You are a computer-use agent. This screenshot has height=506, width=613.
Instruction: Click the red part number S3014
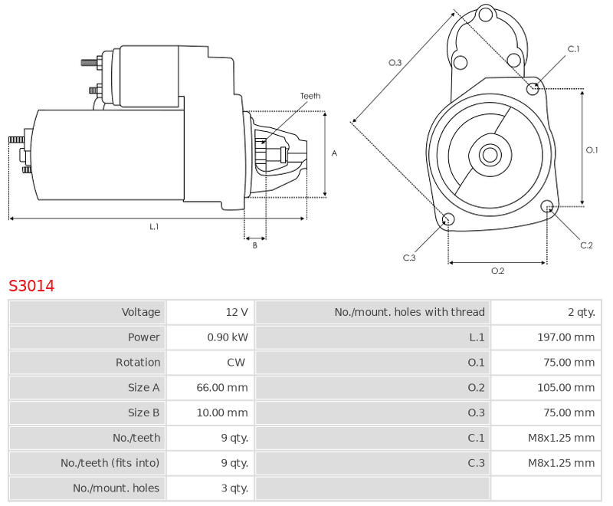click(x=31, y=286)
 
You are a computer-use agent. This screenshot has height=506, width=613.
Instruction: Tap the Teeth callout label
click(x=310, y=96)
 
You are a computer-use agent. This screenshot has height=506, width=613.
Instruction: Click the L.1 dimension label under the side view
click(x=154, y=226)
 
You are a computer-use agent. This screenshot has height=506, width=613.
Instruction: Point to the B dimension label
click(x=254, y=245)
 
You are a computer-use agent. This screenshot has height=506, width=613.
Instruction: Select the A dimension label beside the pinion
click(x=334, y=153)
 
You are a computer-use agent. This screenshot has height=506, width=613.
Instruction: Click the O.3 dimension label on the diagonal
click(x=395, y=63)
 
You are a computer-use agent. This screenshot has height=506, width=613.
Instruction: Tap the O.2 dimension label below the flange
click(x=497, y=271)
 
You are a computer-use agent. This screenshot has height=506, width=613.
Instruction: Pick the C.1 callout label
click(x=573, y=49)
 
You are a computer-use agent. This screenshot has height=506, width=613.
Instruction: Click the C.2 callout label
click(x=586, y=245)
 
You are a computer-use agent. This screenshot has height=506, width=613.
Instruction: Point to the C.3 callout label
click(x=409, y=258)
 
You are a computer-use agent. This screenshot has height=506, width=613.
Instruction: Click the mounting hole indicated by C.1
click(x=533, y=89)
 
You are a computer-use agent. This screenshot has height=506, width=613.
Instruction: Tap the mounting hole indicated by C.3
click(x=448, y=219)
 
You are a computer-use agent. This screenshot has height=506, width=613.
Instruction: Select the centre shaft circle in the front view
click(x=490, y=155)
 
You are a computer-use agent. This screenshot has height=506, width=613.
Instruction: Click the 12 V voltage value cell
click(x=237, y=312)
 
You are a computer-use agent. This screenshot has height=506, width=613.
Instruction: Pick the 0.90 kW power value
click(x=228, y=337)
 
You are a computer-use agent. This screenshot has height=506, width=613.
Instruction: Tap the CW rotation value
click(x=236, y=362)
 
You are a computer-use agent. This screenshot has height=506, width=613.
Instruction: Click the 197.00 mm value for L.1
click(x=565, y=337)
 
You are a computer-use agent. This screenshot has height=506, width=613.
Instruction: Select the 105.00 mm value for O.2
click(x=565, y=387)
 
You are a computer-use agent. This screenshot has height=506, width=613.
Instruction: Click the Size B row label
click(x=143, y=412)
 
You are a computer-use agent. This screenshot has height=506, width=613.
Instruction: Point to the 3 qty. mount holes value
click(x=234, y=488)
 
